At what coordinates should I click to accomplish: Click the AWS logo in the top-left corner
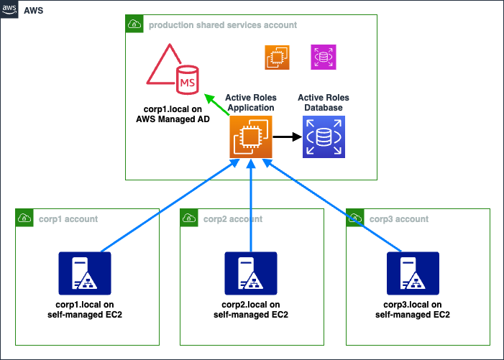pyautogui.click(x=10, y=11)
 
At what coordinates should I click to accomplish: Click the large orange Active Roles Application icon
pyautogui.click(x=250, y=136)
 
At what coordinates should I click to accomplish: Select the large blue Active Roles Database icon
pyautogui.click(x=324, y=136)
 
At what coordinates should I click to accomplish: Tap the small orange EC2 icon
pyautogui.click(x=277, y=57)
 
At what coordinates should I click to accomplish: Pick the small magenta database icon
pyautogui.click(x=323, y=57)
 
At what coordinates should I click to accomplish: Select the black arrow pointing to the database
pyautogui.click(x=286, y=136)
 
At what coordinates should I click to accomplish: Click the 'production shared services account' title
pyautogui.click(x=223, y=25)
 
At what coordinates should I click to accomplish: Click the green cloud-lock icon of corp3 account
pyautogui.click(x=355, y=218)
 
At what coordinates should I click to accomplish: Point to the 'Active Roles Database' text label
pyautogui.click(x=323, y=103)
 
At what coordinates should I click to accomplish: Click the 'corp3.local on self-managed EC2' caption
pyautogui.click(x=413, y=310)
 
